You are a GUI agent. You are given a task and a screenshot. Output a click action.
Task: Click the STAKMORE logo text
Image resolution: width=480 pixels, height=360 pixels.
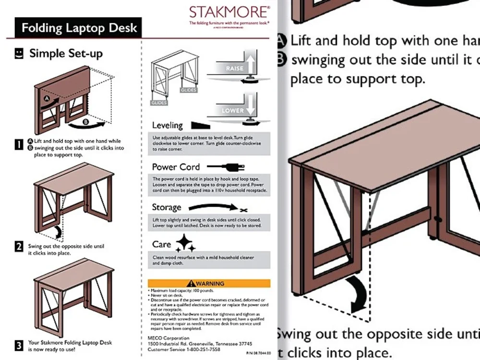click(229, 12)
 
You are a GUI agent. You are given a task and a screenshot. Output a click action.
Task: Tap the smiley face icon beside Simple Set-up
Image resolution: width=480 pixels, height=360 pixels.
click(19, 53)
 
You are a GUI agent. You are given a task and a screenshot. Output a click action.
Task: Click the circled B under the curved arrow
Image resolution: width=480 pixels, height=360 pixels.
click(86, 122)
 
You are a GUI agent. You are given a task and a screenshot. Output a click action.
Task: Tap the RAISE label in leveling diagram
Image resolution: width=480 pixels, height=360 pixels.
click(234, 69)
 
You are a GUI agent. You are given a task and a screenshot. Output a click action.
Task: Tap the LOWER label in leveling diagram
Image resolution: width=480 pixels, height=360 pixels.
click(232, 110)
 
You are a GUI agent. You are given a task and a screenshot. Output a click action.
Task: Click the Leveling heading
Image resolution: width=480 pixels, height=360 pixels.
click(167, 126)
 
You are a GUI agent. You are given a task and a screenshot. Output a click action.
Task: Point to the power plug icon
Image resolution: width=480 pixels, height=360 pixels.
click(226, 167)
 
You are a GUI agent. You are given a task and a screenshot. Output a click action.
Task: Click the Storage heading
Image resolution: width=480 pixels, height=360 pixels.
click(166, 207)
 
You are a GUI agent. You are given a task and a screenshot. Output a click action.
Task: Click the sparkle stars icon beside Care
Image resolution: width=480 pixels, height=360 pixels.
click(185, 243)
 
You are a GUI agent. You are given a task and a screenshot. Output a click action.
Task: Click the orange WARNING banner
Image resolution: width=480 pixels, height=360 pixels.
click(209, 284)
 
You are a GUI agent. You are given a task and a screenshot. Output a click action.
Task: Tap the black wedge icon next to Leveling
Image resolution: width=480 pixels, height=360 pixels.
click(201, 126)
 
